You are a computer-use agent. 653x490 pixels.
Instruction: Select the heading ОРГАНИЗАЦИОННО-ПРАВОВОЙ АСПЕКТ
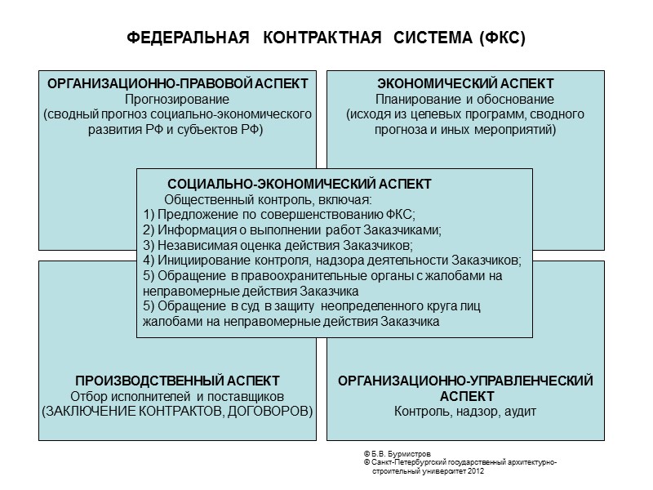click(x=177, y=84)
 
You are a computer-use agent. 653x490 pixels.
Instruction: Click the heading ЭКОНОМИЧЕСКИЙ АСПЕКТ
click(x=465, y=84)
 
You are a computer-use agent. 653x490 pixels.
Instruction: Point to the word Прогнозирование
click(x=177, y=100)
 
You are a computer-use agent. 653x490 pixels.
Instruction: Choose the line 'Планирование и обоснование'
click(x=465, y=100)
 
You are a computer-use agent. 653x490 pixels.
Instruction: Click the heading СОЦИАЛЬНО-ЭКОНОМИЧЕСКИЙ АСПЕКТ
click(x=299, y=185)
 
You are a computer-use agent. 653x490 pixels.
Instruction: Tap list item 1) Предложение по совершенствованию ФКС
click(x=279, y=215)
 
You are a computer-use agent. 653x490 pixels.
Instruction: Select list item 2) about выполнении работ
click(x=292, y=230)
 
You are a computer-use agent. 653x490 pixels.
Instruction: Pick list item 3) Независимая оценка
click(x=278, y=245)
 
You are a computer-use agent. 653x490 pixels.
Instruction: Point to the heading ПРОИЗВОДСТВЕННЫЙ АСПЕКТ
click(x=177, y=381)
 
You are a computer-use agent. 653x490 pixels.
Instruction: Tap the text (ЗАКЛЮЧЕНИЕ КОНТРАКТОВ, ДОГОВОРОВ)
click(x=177, y=411)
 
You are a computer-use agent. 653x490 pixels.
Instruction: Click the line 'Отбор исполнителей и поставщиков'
click(x=177, y=396)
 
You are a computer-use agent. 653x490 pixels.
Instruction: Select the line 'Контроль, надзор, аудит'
click(x=465, y=411)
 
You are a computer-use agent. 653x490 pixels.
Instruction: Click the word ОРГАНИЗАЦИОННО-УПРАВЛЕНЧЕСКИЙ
click(x=465, y=381)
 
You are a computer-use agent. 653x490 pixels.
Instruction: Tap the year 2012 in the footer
click(x=476, y=472)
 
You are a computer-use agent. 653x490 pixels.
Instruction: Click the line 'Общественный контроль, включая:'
click(x=269, y=199)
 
